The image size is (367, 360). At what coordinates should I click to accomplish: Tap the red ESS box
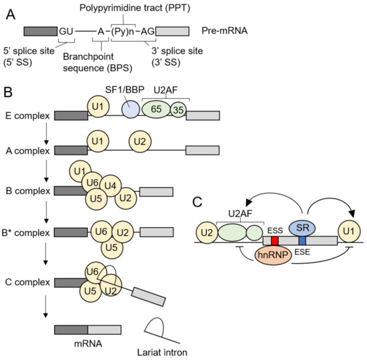click(274, 240)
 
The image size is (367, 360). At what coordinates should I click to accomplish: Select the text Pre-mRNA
click(222, 31)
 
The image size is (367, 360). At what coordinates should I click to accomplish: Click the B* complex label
click(28, 233)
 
